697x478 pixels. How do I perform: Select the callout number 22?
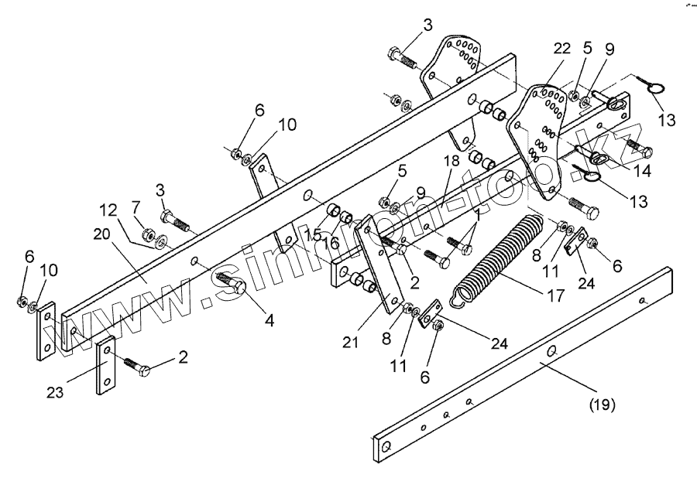(x=562, y=48)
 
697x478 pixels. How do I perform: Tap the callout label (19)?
(x=601, y=402)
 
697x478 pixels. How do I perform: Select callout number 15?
(x=313, y=234)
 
